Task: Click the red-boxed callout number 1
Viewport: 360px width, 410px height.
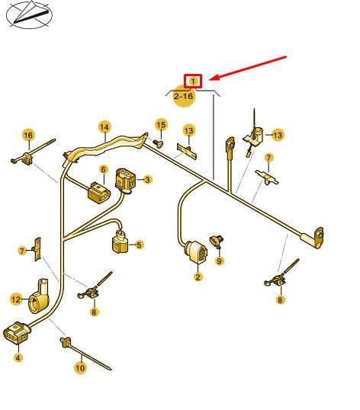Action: point(193,82)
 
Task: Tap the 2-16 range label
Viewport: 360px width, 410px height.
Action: point(184,96)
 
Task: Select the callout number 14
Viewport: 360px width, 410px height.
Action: point(104,127)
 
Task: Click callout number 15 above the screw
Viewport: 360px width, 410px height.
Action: point(161,124)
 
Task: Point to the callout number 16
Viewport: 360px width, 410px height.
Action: point(28,135)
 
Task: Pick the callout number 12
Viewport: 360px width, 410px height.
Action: point(16,299)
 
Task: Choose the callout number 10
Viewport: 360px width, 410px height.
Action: point(80,368)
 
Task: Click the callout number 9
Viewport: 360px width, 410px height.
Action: point(219,261)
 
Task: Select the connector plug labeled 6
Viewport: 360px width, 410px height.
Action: point(99,193)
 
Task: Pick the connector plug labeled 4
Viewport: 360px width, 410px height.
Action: point(17,333)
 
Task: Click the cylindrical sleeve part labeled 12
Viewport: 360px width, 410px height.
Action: point(38,297)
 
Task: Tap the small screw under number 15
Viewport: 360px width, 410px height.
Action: point(159,144)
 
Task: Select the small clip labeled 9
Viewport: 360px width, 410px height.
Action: point(217,242)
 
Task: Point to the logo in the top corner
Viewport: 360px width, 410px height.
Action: point(29,14)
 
